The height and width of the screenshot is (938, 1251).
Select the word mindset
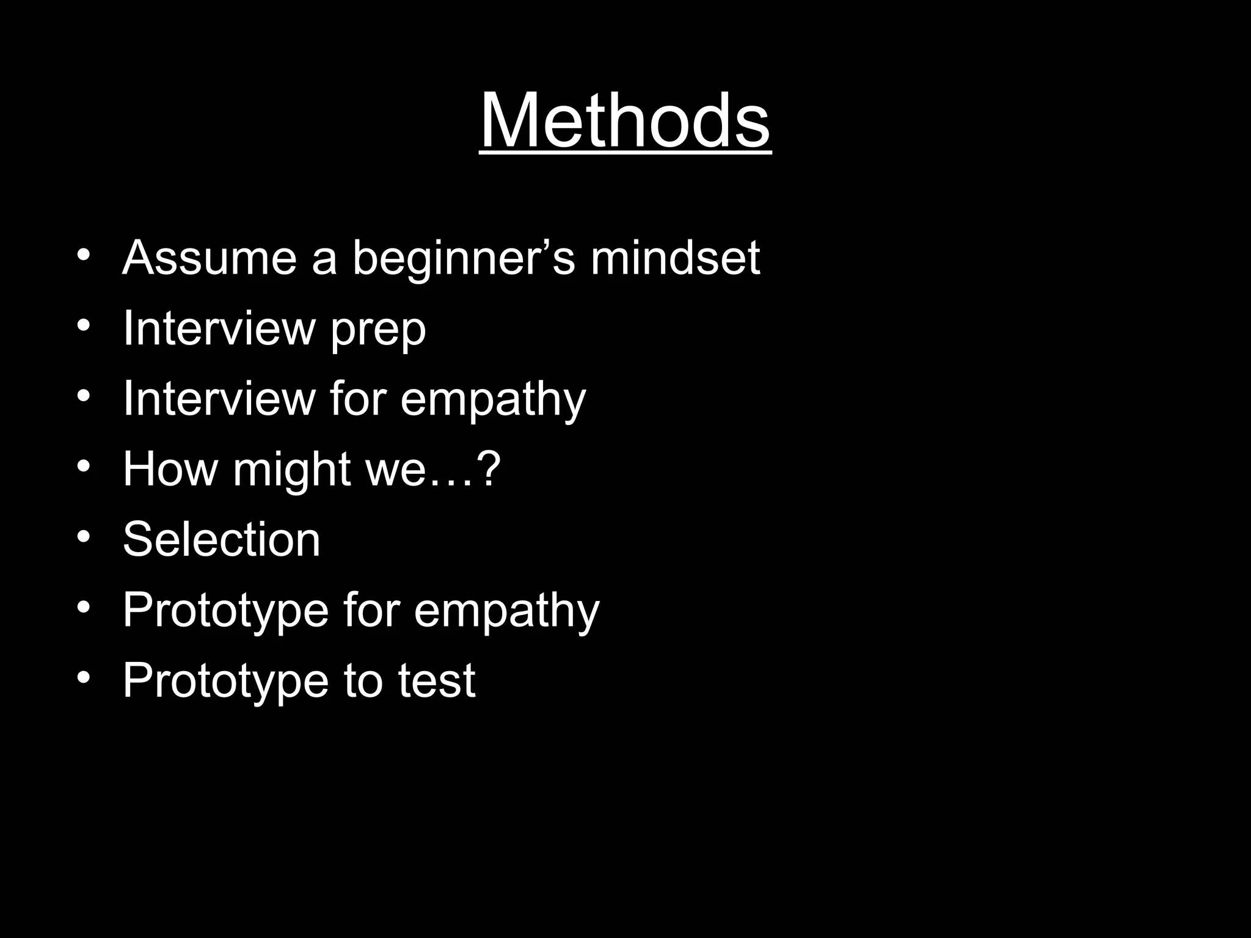pyautogui.click(x=675, y=258)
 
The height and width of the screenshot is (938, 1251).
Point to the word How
pyautogui.click(x=170, y=469)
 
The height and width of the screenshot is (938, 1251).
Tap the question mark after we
pyautogui.click(x=488, y=469)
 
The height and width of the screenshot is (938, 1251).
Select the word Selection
pyautogui.click(x=221, y=539)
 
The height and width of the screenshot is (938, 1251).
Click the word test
pyautogui.click(x=437, y=680)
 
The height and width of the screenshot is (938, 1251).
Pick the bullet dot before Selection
pyautogui.click(x=84, y=537)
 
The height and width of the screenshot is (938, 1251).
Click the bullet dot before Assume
pyautogui.click(x=84, y=255)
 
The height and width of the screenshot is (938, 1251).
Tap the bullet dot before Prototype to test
pyautogui.click(x=84, y=677)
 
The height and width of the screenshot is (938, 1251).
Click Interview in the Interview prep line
pyautogui.click(x=218, y=329)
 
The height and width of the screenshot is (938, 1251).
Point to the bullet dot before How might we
pyautogui.click(x=84, y=467)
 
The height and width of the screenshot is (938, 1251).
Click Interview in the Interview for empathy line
pyautogui.click(x=218, y=399)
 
